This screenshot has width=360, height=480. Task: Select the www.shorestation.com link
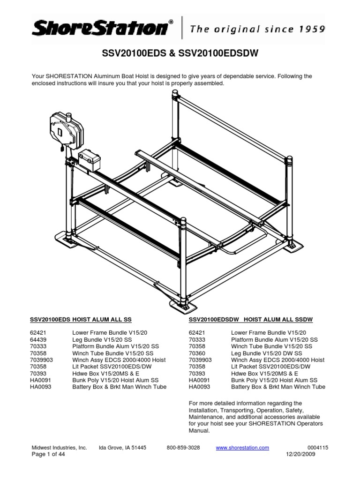tap(242, 448)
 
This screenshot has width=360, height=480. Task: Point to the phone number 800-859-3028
tap(183, 448)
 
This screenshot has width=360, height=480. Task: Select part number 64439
tap(39, 339)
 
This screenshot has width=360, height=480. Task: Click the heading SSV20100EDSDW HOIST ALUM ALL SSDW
tap(251, 320)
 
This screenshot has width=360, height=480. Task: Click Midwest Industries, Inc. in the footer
tap(59, 448)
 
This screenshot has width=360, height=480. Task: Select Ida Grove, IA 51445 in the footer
tap(123, 448)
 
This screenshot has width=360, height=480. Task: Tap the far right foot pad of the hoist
tap(294, 244)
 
